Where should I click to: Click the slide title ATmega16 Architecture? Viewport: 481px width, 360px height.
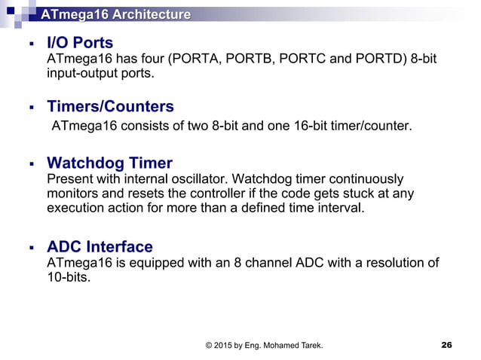coord(115,14)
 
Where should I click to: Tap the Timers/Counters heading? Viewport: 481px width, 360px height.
coord(110,106)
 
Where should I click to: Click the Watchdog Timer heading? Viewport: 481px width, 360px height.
coord(109,163)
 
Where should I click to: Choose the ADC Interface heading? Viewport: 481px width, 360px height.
coord(100,246)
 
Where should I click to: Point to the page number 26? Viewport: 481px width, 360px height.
coord(446,345)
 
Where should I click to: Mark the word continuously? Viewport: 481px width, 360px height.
coord(366,179)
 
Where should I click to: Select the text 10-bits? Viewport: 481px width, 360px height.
coord(68,277)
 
